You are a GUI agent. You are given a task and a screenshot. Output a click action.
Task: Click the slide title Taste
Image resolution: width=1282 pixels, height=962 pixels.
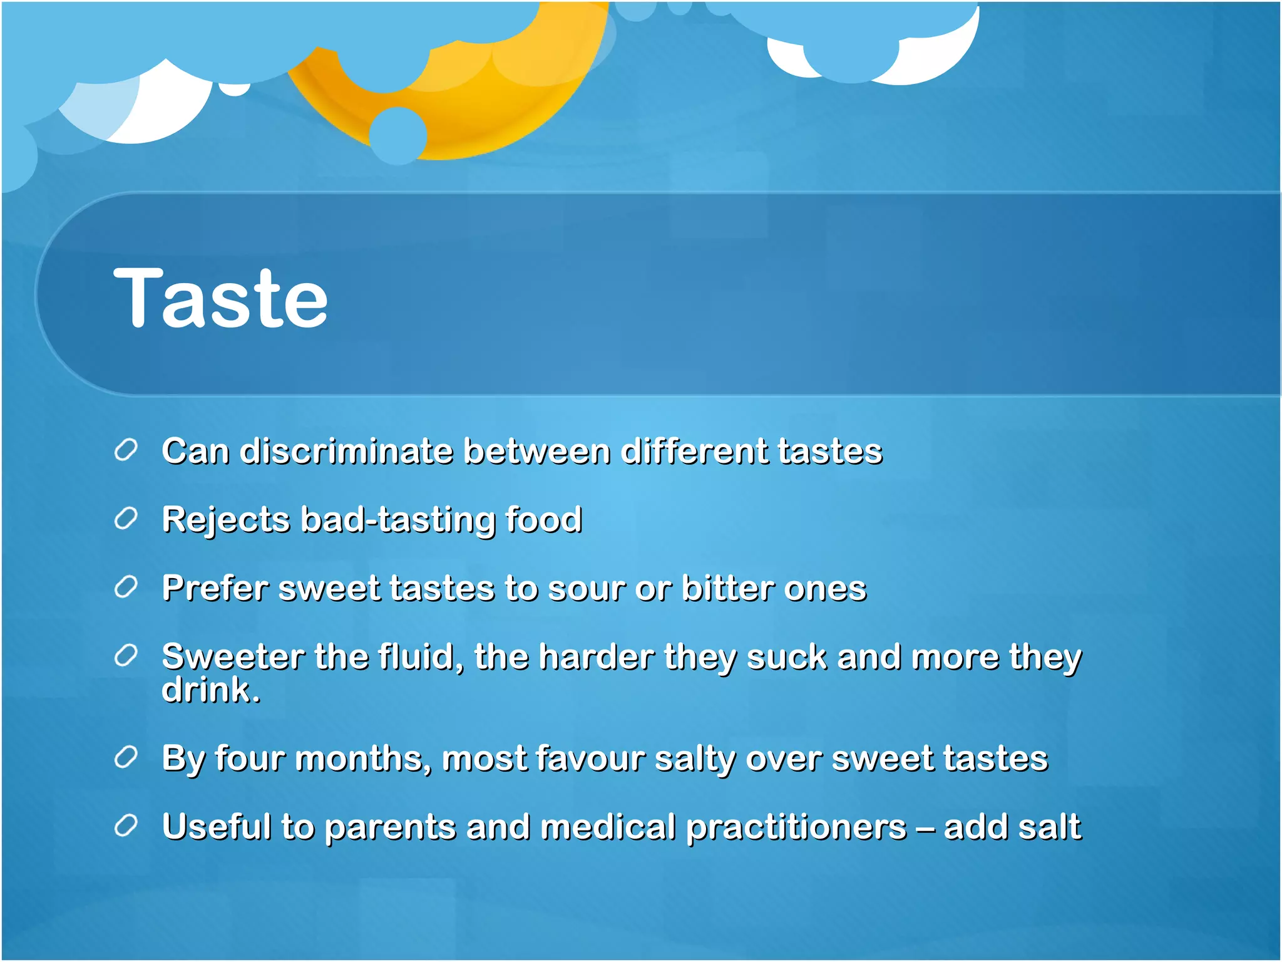tap(220, 298)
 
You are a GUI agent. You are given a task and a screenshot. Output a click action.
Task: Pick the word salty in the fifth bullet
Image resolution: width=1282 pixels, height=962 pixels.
tap(694, 760)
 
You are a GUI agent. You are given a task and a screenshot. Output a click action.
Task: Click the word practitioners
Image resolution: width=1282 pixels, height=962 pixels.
tap(796, 827)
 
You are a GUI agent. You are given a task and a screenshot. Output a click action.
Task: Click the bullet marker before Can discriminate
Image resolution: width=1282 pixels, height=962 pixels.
tap(126, 450)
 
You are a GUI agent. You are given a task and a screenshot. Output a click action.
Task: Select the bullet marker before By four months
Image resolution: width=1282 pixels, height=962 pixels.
tap(126, 758)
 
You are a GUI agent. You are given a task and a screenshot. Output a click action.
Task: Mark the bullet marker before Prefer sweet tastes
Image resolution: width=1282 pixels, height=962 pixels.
tap(126, 587)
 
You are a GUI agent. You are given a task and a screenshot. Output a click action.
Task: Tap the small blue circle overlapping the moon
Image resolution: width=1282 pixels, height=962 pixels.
tap(398, 135)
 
